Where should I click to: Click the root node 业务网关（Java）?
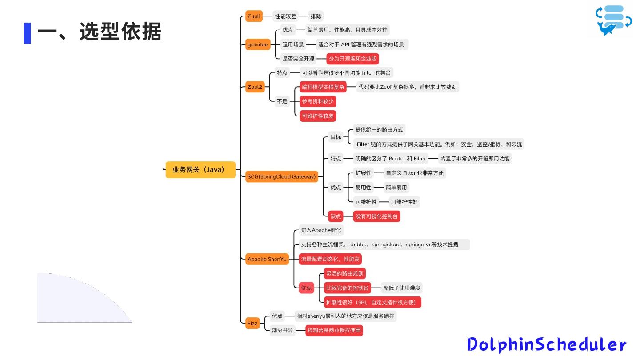[200, 169]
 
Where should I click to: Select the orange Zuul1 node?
[254, 16]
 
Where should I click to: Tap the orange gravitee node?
[258, 44]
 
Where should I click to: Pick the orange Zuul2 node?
[255, 87]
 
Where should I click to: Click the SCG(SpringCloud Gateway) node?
[282, 176]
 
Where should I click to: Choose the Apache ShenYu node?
[267, 259]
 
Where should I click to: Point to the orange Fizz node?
[252, 323]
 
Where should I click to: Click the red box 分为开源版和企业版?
[353, 59]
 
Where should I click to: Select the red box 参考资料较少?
[317, 101]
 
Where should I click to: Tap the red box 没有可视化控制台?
[377, 216]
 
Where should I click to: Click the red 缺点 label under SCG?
[336, 216]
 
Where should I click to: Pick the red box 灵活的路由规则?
[345, 273]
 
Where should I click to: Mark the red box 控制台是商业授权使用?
[334, 330]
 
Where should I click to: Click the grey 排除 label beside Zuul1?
[316, 16]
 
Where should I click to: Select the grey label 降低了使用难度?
[402, 288]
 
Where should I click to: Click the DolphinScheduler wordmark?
[547, 345]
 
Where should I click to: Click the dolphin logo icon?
[614, 20]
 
